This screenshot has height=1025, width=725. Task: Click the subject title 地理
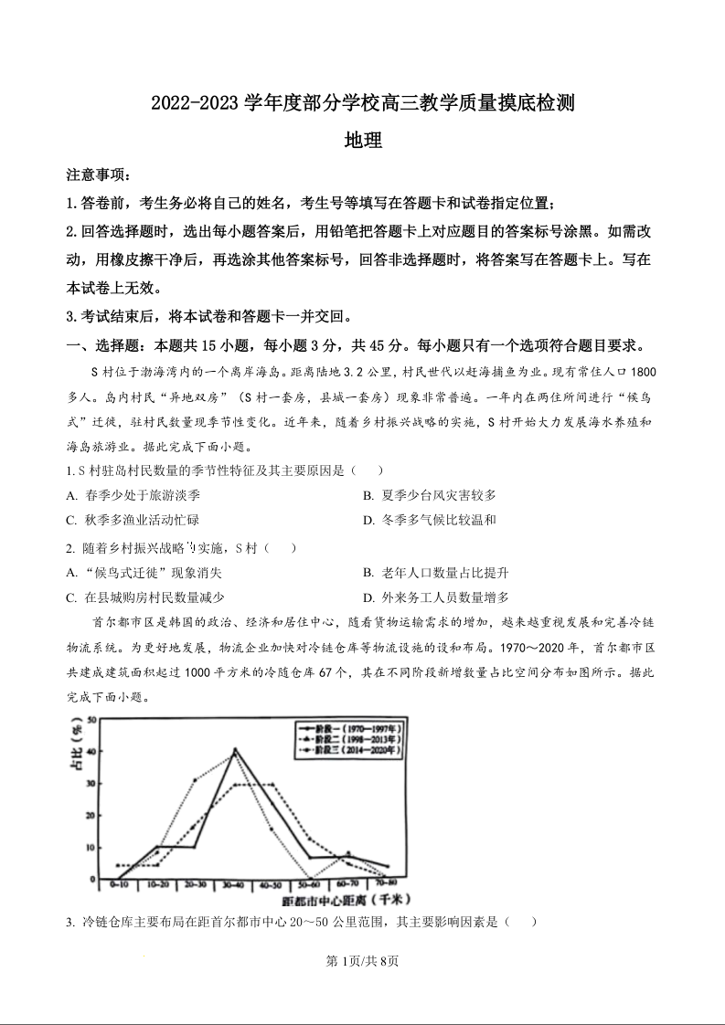tap(362, 141)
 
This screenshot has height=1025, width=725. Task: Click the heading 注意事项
tap(98, 174)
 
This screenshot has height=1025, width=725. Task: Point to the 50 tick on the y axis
tap(91, 721)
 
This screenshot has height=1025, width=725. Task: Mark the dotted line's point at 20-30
tap(195, 779)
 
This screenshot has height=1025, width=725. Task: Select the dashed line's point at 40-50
tap(272, 785)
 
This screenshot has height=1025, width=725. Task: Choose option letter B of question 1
tap(368, 495)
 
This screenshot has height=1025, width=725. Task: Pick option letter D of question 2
tap(368, 597)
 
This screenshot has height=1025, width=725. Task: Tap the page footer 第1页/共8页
tap(362, 961)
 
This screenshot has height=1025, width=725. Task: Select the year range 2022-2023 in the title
tap(194, 104)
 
